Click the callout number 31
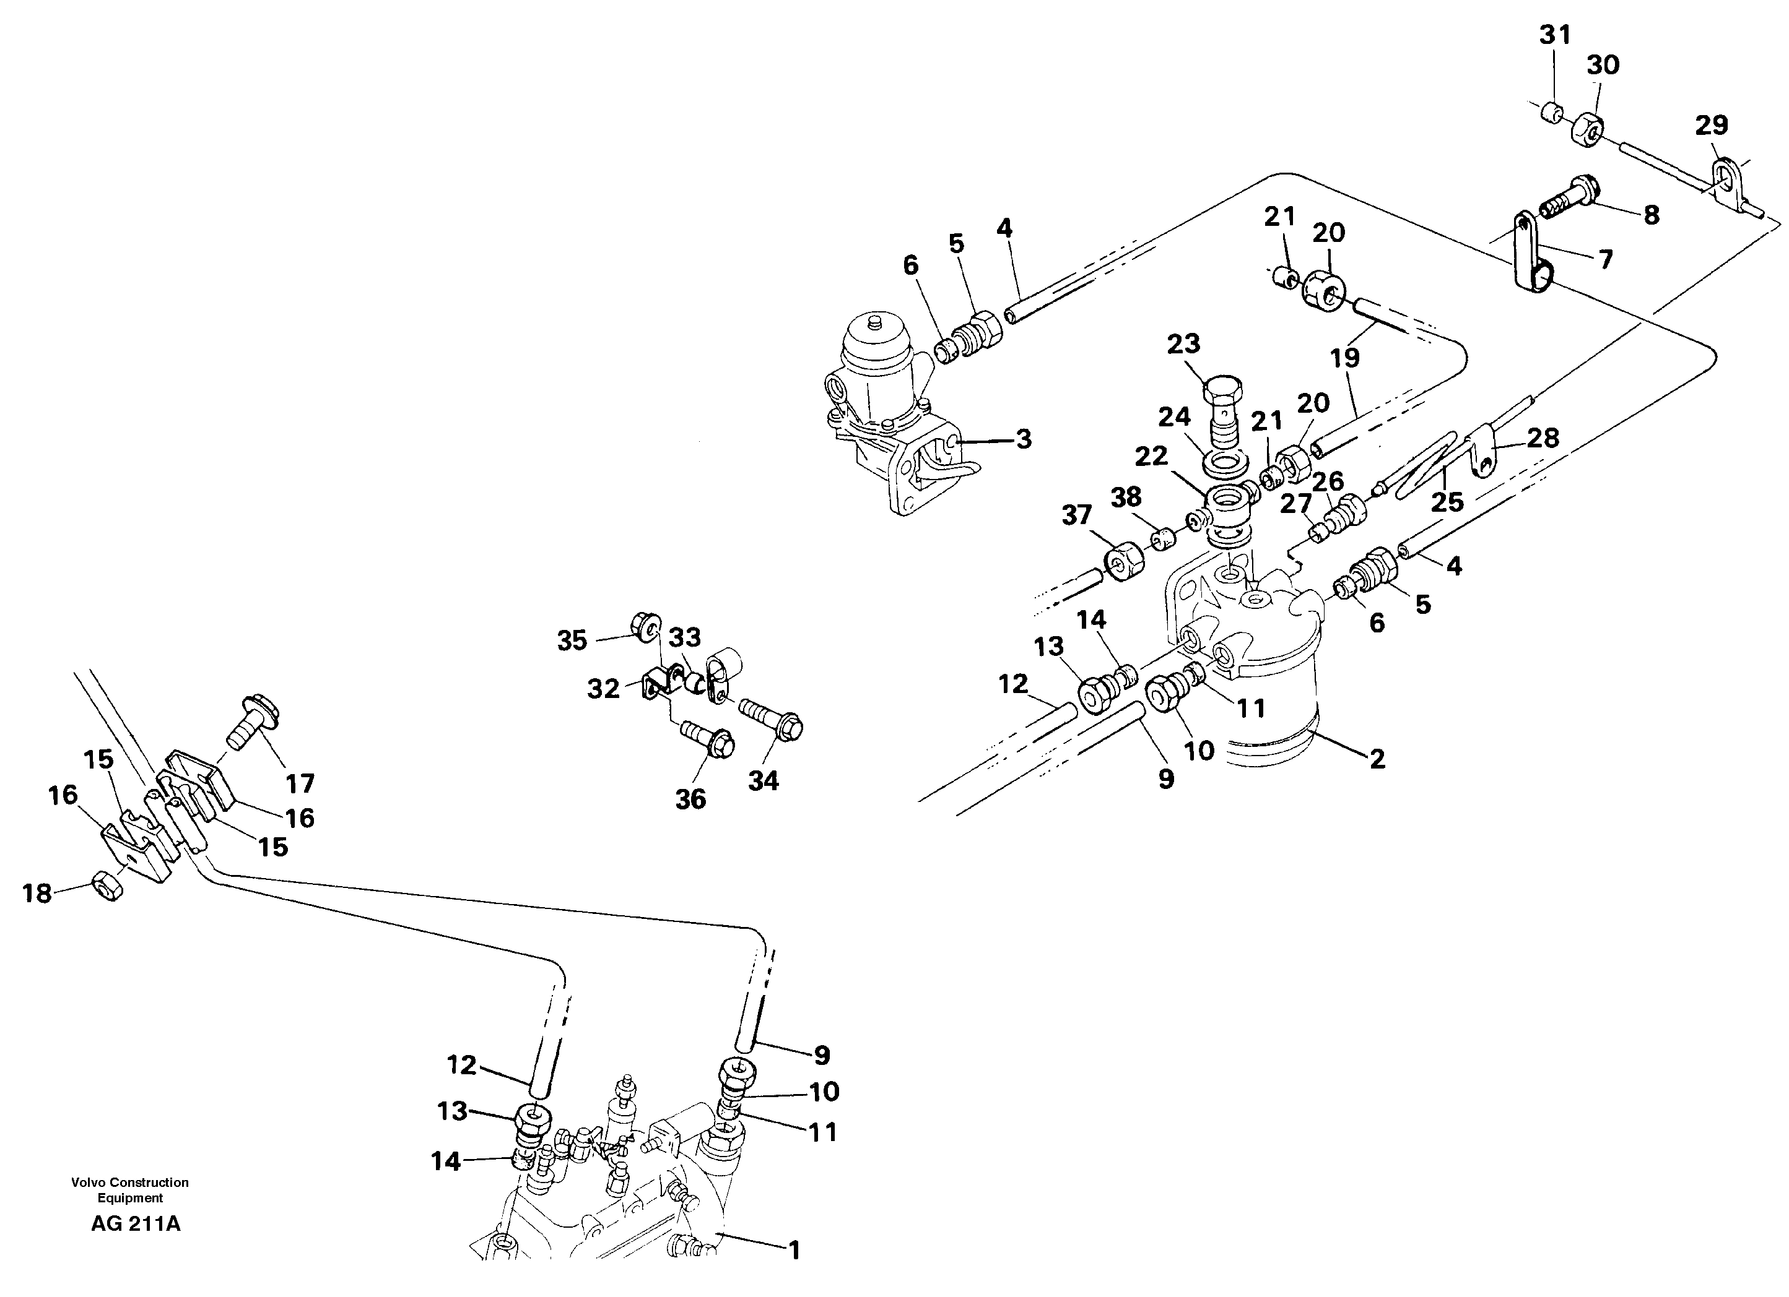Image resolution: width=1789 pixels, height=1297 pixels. click(x=1555, y=35)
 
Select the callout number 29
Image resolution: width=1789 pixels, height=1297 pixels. click(x=1711, y=124)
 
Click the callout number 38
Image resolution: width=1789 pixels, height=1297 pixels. click(x=1126, y=497)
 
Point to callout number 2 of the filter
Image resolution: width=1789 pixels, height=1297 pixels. click(x=1377, y=759)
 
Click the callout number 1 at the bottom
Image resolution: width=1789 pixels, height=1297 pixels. click(x=794, y=1250)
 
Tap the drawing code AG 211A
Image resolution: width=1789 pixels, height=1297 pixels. click(x=136, y=1225)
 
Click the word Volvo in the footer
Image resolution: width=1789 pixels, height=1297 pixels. click(x=89, y=1182)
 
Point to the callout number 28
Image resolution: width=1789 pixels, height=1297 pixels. click(x=1542, y=437)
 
